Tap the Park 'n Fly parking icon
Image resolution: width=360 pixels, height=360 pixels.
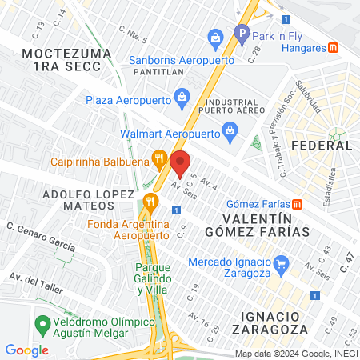pyautogui.click(x=241, y=34)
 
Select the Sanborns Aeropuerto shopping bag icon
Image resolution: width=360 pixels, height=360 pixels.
pyautogui.click(x=214, y=37)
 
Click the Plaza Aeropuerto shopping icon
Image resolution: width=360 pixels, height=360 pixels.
pyautogui.click(x=182, y=98)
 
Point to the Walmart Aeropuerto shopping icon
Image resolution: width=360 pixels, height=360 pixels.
pyautogui.click(x=230, y=130)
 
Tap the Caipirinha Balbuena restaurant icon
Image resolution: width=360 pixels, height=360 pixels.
pyautogui.click(x=160, y=158)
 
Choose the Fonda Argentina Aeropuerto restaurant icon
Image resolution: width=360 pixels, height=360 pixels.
pyautogui.click(x=148, y=202)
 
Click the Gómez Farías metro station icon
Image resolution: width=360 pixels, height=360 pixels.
pyautogui.click(x=298, y=202)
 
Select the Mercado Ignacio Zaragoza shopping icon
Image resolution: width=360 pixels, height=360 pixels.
pyautogui.click(x=280, y=262)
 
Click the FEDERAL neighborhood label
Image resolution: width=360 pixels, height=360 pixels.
pyautogui.click(x=322, y=145)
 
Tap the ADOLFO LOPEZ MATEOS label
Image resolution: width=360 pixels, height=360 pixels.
pyautogui.click(x=88, y=200)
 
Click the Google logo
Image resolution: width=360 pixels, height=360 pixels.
pyautogui.click(x=26, y=350)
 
